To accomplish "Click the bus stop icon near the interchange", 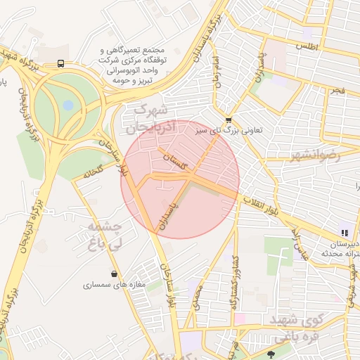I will pyautogui.click(x=61, y=63).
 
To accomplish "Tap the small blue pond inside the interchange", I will pyautogui.click(x=67, y=105).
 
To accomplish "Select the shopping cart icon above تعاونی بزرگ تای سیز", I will pyautogui.click(x=229, y=120).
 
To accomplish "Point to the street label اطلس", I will pyautogui.click(x=307, y=46).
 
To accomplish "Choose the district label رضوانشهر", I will pyautogui.click(x=314, y=155).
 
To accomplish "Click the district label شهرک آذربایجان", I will pyautogui.click(x=149, y=120).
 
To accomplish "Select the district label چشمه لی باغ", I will pyautogui.click(x=105, y=236).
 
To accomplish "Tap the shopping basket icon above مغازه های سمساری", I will pyautogui.click(x=114, y=274).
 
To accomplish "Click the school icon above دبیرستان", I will pyautogui.click(x=344, y=232).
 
